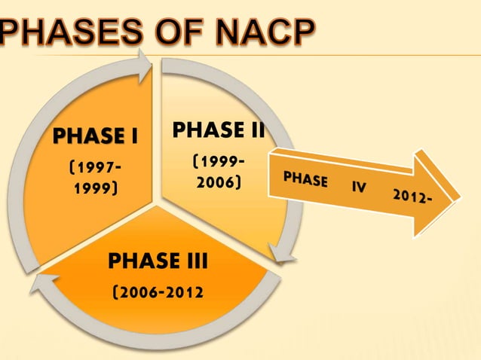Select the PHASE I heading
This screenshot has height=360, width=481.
click(x=94, y=137)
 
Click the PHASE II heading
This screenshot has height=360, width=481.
click(x=218, y=130)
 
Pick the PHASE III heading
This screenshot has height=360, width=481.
click(x=158, y=261)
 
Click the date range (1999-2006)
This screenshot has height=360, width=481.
click(x=218, y=172)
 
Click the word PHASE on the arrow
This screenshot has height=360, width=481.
click(x=305, y=181)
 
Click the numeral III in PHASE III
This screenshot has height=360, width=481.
click(x=195, y=261)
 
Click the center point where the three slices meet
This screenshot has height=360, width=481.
click(x=156, y=202)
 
